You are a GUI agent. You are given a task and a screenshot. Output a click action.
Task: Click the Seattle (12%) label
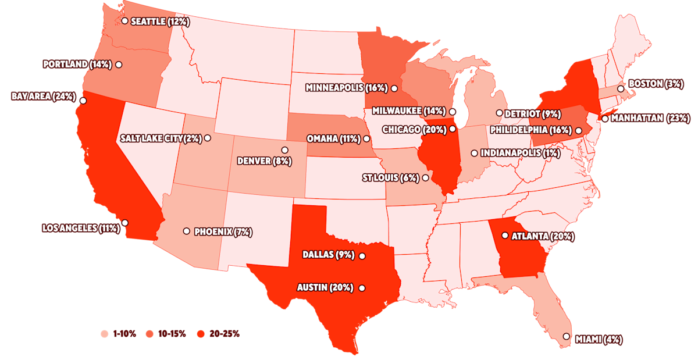[160, 22]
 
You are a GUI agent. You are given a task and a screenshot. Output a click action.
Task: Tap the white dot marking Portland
[119, 65]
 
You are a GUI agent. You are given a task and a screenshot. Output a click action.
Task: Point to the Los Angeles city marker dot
[125, 223]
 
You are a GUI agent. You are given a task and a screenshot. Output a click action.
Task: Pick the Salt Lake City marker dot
[208, 138]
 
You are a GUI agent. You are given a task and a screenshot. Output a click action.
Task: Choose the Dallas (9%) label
[328, 255]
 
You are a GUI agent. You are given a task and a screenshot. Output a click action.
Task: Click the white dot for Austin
[362, 288]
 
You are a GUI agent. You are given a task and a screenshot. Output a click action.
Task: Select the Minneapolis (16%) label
[346, 88]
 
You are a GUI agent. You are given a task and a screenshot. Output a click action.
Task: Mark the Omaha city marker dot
[366, 139]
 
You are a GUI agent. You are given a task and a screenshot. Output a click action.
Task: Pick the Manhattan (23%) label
[650, 118]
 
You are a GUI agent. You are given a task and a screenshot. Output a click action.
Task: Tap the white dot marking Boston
[621, 89]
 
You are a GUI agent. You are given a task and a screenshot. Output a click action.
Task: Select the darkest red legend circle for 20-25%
[201, 334]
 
